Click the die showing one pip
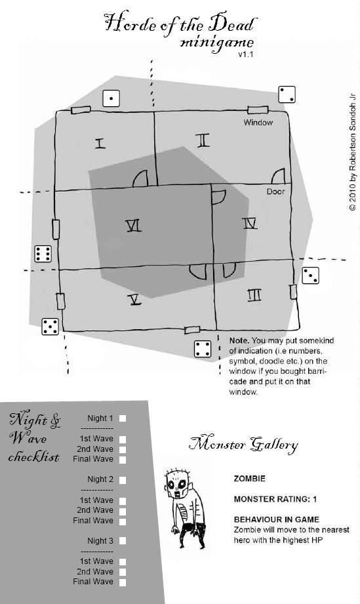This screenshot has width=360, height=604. tap(111, 98)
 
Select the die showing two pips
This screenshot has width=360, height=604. tap(287, 94)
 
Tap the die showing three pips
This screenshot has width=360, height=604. tap(310, 275)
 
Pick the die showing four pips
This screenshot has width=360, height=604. tap(203, 349)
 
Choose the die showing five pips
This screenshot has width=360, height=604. tap(50, 327)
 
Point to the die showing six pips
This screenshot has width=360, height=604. tap(43, 253)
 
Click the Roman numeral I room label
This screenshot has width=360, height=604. tap(100, 144)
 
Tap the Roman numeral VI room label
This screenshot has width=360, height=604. tap(134, 226)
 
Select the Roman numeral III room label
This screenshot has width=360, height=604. tap(254, 295)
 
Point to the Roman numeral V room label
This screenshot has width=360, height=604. tap(134, 299)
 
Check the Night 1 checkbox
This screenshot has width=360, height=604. tap(123, 418)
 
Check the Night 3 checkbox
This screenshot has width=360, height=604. tap(123, 541)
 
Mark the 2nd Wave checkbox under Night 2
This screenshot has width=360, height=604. tap(123, 511)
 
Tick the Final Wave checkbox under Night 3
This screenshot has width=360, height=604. tap(123, 582)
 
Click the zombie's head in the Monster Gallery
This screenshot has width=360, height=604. tap(178, 483)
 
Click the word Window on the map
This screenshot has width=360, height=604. tap(258, 123)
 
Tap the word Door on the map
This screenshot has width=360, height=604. tap(275, 191)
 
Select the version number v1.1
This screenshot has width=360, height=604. tap(245, 54)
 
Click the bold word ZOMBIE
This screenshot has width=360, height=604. tap(249, 479)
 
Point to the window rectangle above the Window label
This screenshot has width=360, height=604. tap(258, 110)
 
